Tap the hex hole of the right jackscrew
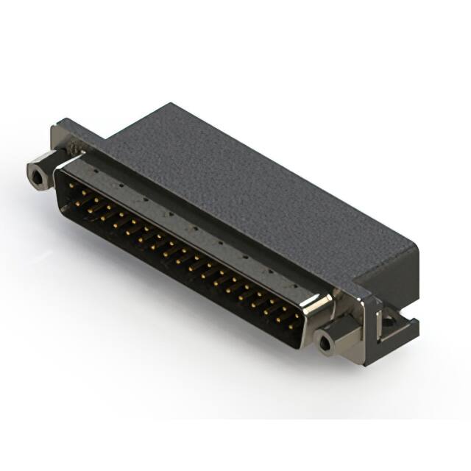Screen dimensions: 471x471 point(323,341)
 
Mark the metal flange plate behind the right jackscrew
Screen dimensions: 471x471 point(361,309)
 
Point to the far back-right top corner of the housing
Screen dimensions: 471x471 point(417,242)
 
